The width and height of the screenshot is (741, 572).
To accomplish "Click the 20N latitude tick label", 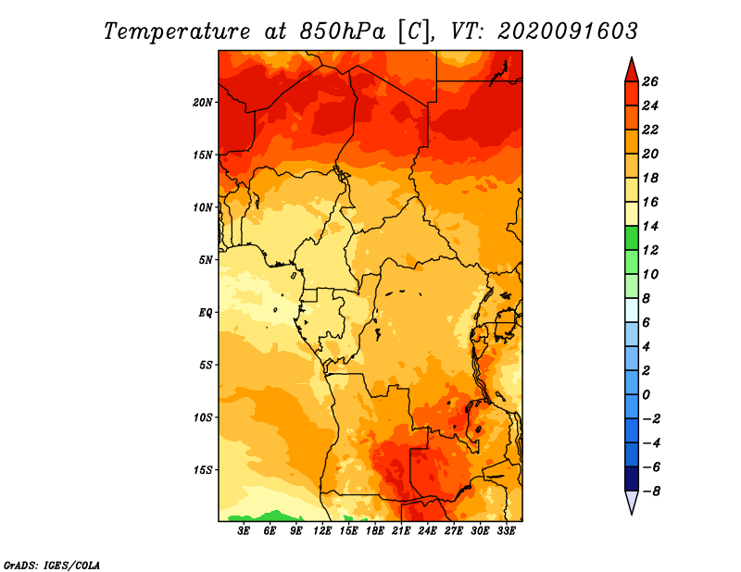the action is (x=203, y=103).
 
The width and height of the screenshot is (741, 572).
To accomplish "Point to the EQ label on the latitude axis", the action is (x=206, y=313).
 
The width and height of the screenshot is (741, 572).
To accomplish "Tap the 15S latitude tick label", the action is (x=203, y=470).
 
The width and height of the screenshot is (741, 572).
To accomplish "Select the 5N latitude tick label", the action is (x=206, y=260).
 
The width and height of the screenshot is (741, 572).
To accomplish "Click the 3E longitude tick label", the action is (x=244, y=531).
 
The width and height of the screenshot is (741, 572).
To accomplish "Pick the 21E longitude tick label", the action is (x=401, y=531).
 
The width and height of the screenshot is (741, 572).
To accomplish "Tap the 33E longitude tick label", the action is (x=506, y=531).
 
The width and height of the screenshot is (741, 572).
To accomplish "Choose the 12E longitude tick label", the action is (x=322, y=531).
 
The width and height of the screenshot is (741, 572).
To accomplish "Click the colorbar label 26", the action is (x=650, y=82).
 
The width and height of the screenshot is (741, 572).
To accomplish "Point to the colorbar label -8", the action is (x=651, y=491).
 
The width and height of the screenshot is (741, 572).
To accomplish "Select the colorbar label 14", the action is (x=650, y=226).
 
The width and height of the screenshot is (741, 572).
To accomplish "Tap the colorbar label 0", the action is (x=646, y=395).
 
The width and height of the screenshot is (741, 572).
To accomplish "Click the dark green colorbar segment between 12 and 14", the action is (x=632, y=238).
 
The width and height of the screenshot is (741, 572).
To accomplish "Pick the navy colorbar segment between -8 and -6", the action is (x=632, y=479).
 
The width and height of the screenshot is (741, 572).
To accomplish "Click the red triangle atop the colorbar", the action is (x=632, y=70).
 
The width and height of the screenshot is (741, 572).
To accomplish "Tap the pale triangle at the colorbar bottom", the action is (x=632, y=503).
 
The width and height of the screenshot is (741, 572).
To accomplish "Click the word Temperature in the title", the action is (x=177, y=31).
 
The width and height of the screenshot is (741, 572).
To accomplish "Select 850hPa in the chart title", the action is (x=343, y=31).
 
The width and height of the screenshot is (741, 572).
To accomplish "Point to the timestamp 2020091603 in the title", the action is (x=568, y=31).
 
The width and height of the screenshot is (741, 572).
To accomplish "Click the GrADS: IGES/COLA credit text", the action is (x=52, y=566).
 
